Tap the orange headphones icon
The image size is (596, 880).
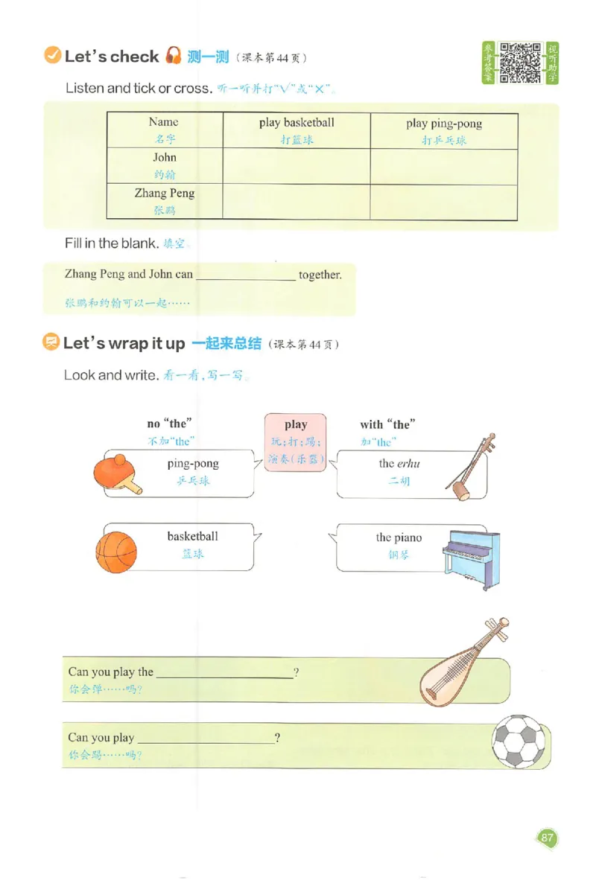pos(174,56)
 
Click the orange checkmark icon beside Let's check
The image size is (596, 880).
pos(53,56)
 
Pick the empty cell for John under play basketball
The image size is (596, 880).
pos(297,166)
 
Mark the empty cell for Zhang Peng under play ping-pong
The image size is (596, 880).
pos(443,202)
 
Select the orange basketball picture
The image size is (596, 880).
pos(116,552)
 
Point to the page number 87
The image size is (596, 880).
pos(548,839)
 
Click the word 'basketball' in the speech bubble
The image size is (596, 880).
pos(192,536)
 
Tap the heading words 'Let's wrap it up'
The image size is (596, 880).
pos(124,344)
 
